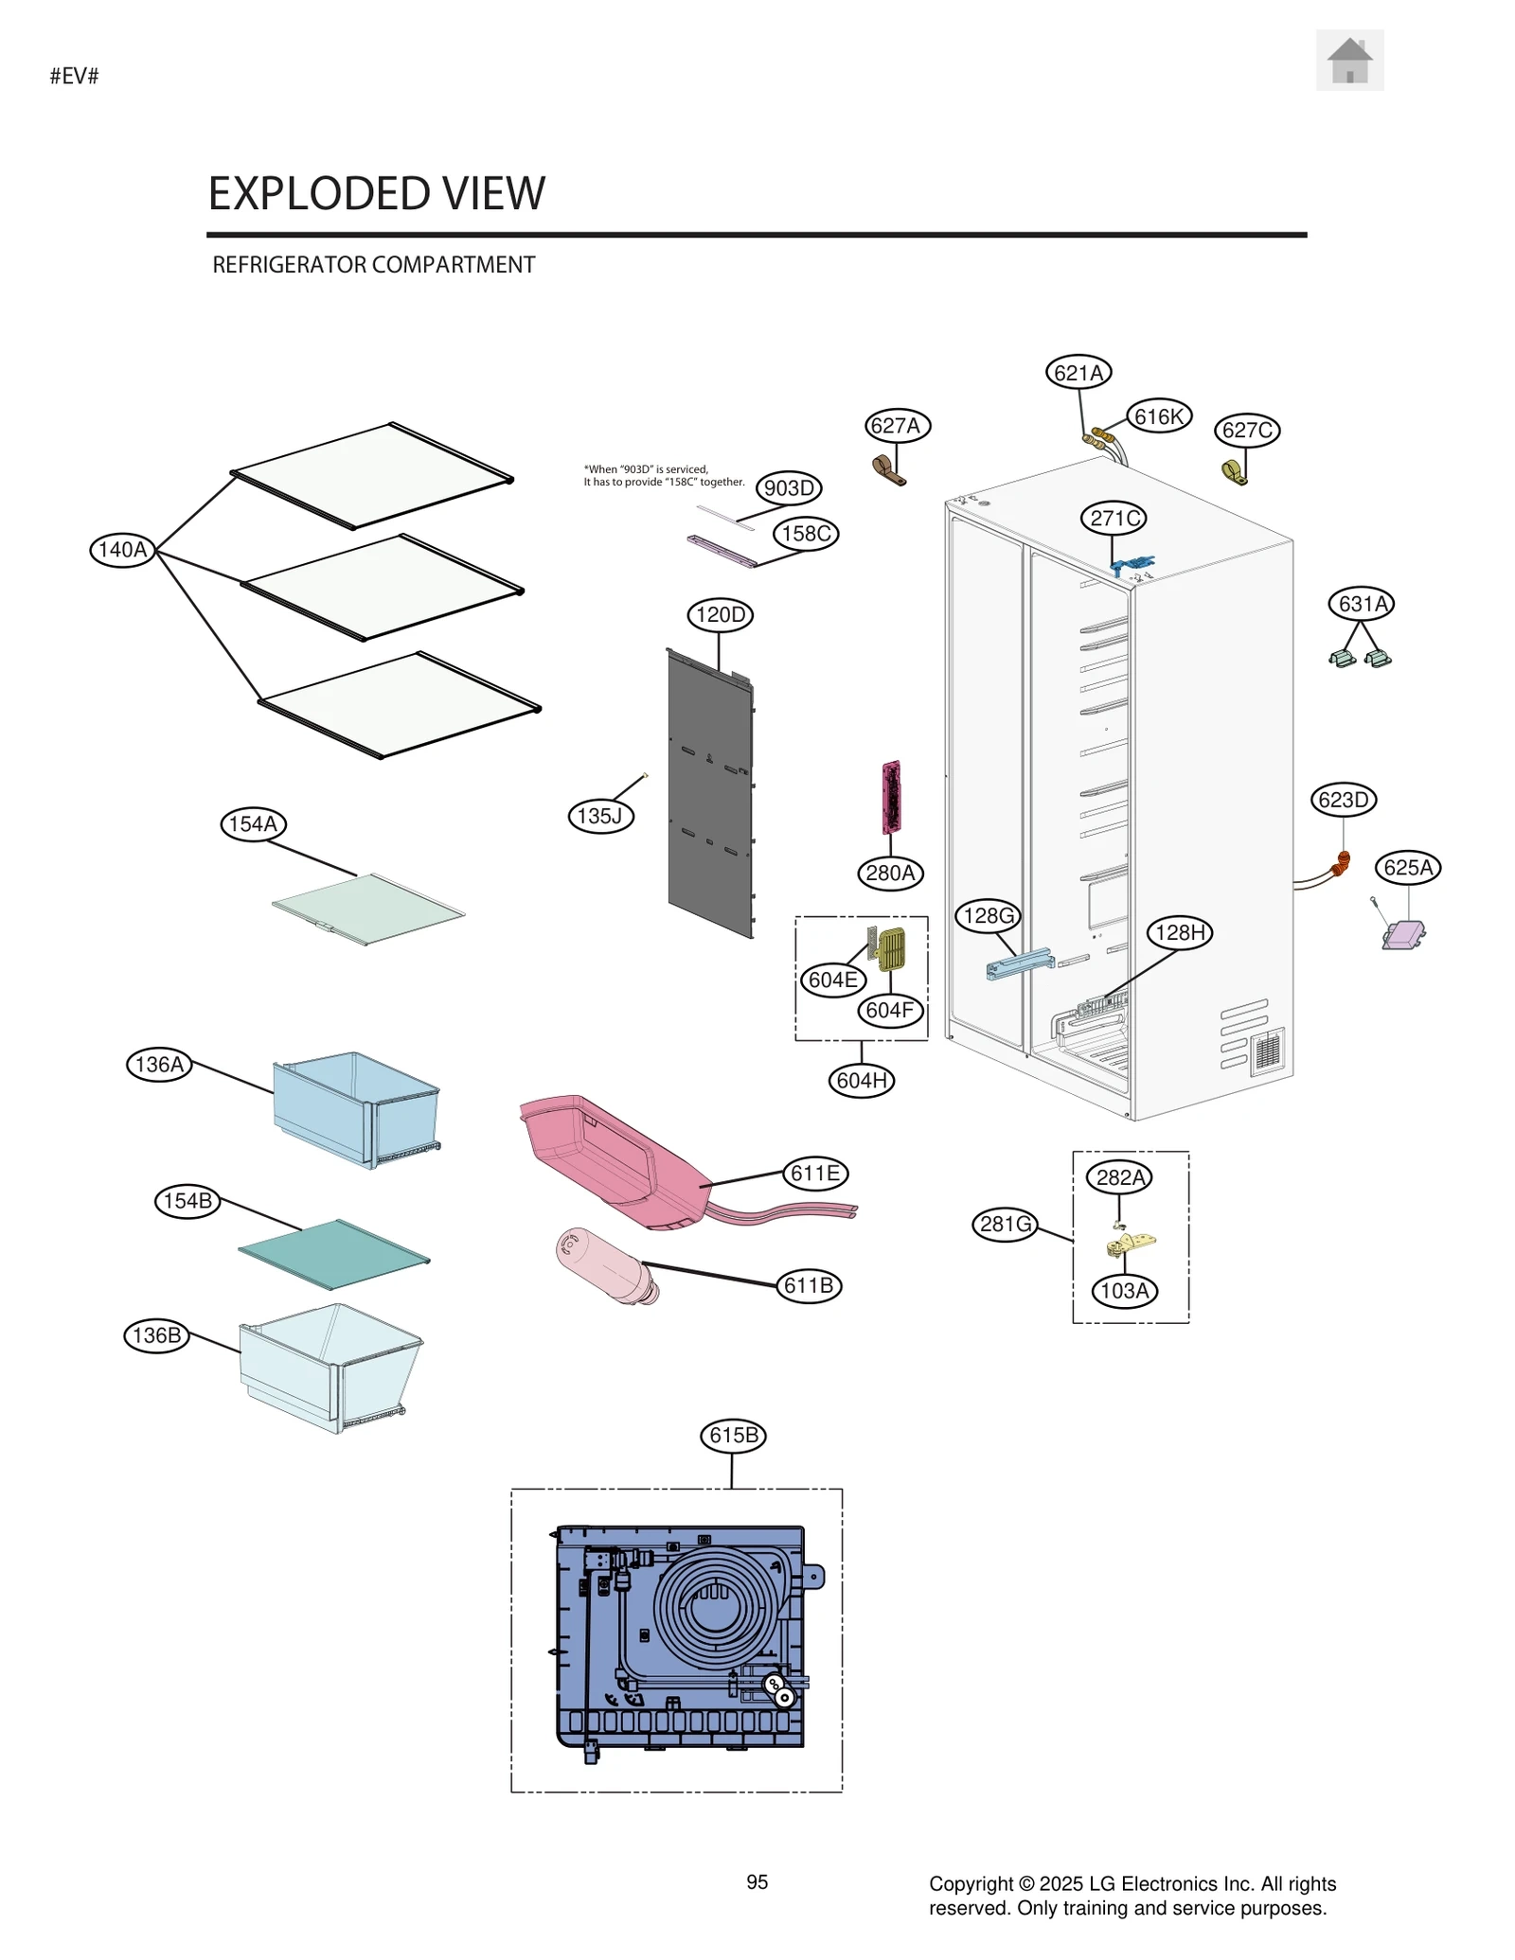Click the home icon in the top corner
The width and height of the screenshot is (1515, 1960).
pyautogui.click(x=1349, y=61)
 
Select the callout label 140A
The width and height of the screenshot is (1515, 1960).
pyautogui.click(x=123, y=550)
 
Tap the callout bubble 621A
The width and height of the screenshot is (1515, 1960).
pyautogui.click(x=1078, y=373)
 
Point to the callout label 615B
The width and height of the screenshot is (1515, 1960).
pyautogui.click(x=733, y=1436)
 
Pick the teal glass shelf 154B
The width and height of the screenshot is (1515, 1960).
pyautogui.click(x=333, y=1254)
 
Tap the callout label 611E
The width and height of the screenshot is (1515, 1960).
pyautogui.click(x=814, y=1174)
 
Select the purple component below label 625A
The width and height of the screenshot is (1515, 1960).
pyautogui.click(x=1403, y=935)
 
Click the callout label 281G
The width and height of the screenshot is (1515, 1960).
pyautogui.click(x=1005, y=1225)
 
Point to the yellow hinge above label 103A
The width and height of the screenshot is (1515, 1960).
pyautogui.click(x=1132, y=1243)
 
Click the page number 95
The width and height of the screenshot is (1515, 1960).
pyautogui.click(x=757, y=1882)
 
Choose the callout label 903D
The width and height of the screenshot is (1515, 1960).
pyautogui.click(x=789, y=488)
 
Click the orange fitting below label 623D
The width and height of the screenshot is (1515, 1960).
pyautogui.click(x=1341, y=863)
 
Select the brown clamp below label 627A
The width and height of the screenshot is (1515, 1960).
pyautogui.click(x=888, y=469)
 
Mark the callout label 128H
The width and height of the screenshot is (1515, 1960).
pyautogui.click(x=1181, y=933)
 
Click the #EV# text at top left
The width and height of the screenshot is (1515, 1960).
pyautogui.click(x=74, y=77)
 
